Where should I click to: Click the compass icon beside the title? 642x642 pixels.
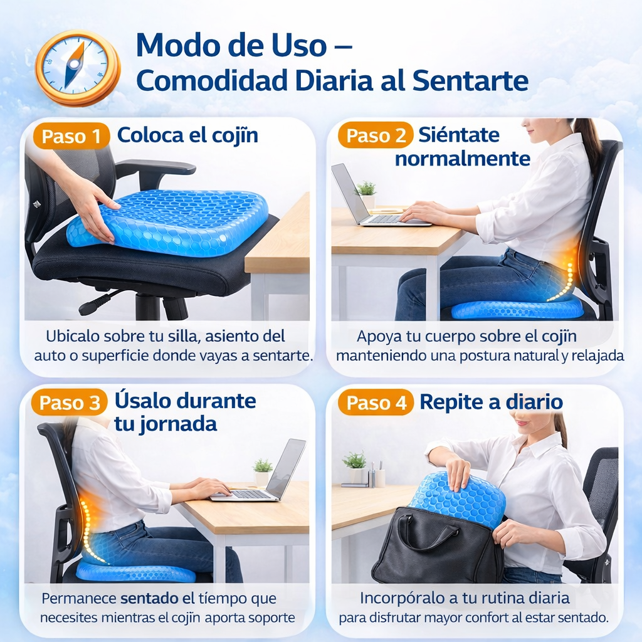pos(77,68)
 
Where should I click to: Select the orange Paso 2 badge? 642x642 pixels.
pos(376,135)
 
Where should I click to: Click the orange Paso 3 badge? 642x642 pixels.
pos(69,402)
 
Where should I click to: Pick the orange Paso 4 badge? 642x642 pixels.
pos(376,402)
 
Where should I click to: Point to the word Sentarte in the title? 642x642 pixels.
pos(470,80)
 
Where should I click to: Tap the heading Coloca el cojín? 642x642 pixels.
pos(187,135)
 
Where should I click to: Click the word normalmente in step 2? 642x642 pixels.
pos(463,159)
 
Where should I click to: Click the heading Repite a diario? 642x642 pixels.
pos(491,402)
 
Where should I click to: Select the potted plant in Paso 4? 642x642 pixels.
pos(355,466)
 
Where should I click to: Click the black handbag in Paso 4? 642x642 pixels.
pos(438,547)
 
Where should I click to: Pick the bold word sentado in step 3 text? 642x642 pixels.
pos(149,599)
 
